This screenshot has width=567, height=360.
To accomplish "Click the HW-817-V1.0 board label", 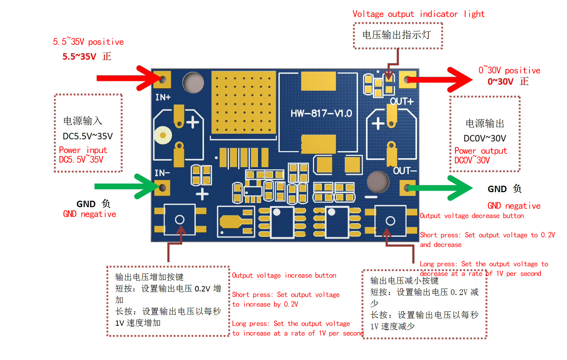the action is coord(321,113).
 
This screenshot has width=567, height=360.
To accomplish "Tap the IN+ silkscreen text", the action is coord(163,97).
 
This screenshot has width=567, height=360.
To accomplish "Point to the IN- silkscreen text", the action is coord(162,173).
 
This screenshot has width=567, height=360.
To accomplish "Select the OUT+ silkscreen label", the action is coord(402,101).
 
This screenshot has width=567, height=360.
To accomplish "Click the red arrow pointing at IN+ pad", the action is coord(129,78).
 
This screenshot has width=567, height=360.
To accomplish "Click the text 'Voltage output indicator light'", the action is coord(418,14).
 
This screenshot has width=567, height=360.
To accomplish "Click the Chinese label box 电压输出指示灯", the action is coord(398,35).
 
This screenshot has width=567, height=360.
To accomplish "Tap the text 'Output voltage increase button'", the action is coord(284,275).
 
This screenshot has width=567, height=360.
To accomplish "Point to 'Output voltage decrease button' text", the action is coord(472,216).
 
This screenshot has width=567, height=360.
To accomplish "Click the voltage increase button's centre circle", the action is coord(180,220).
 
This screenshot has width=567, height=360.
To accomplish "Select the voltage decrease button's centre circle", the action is coord(390,221).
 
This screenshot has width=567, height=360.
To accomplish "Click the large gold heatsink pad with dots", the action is coord(244,102).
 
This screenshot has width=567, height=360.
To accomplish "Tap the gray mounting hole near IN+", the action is coord(193,82).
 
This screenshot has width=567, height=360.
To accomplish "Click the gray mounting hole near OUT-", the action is coord(378,182).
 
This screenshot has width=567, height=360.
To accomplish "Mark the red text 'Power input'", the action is coord(83,150).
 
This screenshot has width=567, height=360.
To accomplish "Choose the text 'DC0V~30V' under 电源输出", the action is coord(485,138).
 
